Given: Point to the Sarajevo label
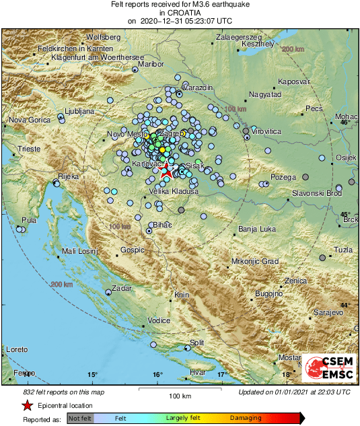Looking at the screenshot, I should point(329,314).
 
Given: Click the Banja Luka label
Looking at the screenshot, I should point(257,229).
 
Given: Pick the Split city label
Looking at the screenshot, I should point(196,343).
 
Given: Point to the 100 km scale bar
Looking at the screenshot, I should point(180,390).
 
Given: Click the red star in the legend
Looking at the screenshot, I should point(27,405).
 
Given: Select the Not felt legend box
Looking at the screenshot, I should point(80,418).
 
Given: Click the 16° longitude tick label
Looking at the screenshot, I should point(157,374).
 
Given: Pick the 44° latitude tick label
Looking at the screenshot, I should point(345,305).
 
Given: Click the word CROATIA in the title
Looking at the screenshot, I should point(180,13).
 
